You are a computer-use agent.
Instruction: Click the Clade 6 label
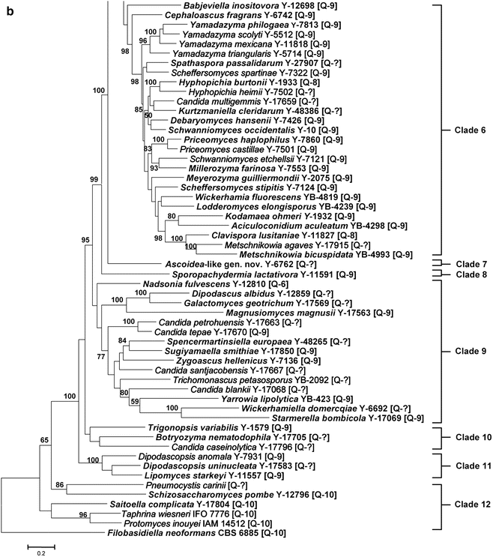[x=469, y=130]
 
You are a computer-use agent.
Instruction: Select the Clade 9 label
[x=469, y=351]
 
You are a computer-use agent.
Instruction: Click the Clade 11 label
[x=469, y=466]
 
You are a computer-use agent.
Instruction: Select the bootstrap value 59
[x=136, y=402]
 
